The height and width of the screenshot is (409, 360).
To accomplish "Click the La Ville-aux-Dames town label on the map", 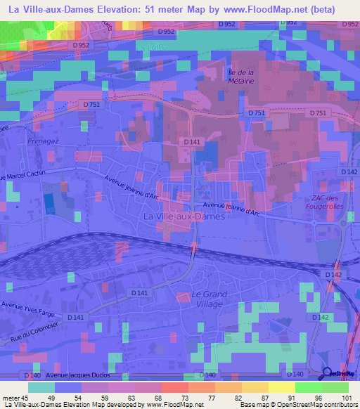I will coord(184,217).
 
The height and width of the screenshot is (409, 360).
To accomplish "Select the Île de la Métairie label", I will coord(242,76).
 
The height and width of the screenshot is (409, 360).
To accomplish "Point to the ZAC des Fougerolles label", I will coord(326,202).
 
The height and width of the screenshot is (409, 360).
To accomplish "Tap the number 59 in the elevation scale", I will coord(104,398).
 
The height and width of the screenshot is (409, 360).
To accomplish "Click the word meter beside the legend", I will coord(10,398).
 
